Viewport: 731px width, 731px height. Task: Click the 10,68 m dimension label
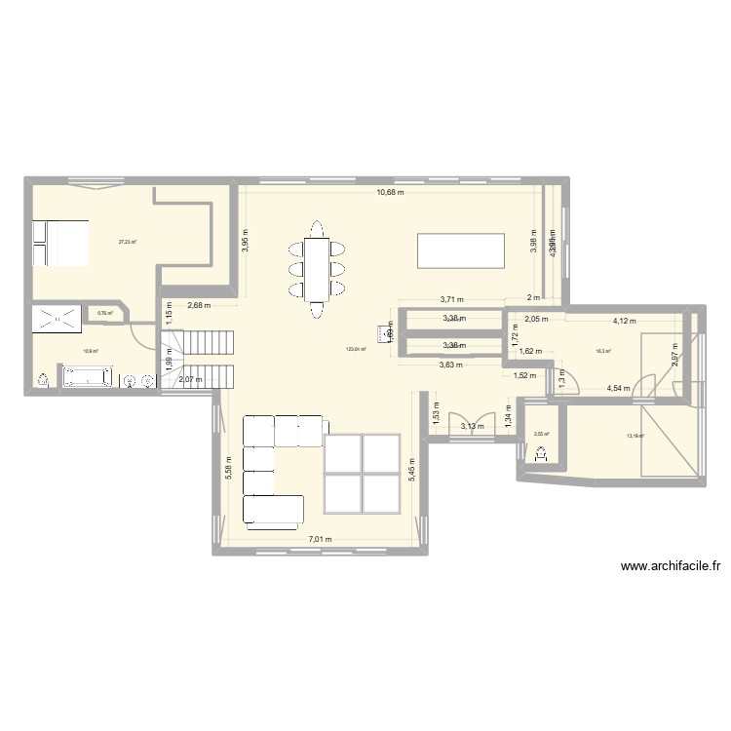[x=391, y=192]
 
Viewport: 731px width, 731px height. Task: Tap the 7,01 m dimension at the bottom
[x=321, y=539]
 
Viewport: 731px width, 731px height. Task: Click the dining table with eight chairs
[x=316, y=268]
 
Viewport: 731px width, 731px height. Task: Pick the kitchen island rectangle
[x=461, y=250]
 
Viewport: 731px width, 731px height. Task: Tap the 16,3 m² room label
[x=604, y=353]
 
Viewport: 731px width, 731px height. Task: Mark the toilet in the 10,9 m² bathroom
[x=43, y=379]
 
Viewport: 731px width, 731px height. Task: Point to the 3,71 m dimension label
[x=451, y=300]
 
